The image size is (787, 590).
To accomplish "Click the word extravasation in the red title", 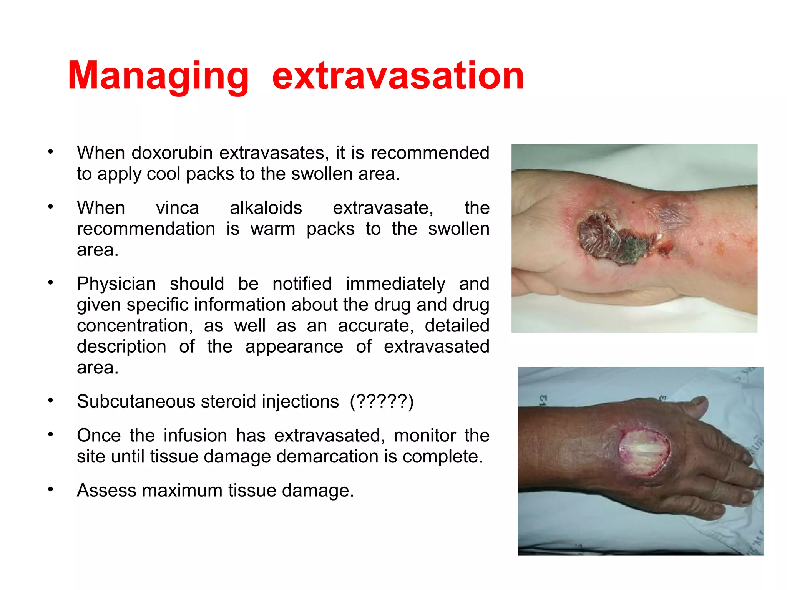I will tap(398, 76).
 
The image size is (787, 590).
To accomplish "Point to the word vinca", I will tap(177, 208).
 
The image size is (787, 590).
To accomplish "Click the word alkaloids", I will tap(266, 208).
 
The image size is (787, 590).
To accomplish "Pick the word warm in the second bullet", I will tap(273, 229).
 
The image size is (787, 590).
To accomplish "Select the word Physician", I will tap(116, 284).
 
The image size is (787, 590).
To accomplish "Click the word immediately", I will tap(395, 284).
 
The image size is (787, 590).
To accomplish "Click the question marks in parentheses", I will tap(382, 402).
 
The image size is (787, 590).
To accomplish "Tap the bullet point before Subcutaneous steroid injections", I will tap(50, 400).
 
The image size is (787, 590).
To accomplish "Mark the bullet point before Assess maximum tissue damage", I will tap(50, 489).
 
